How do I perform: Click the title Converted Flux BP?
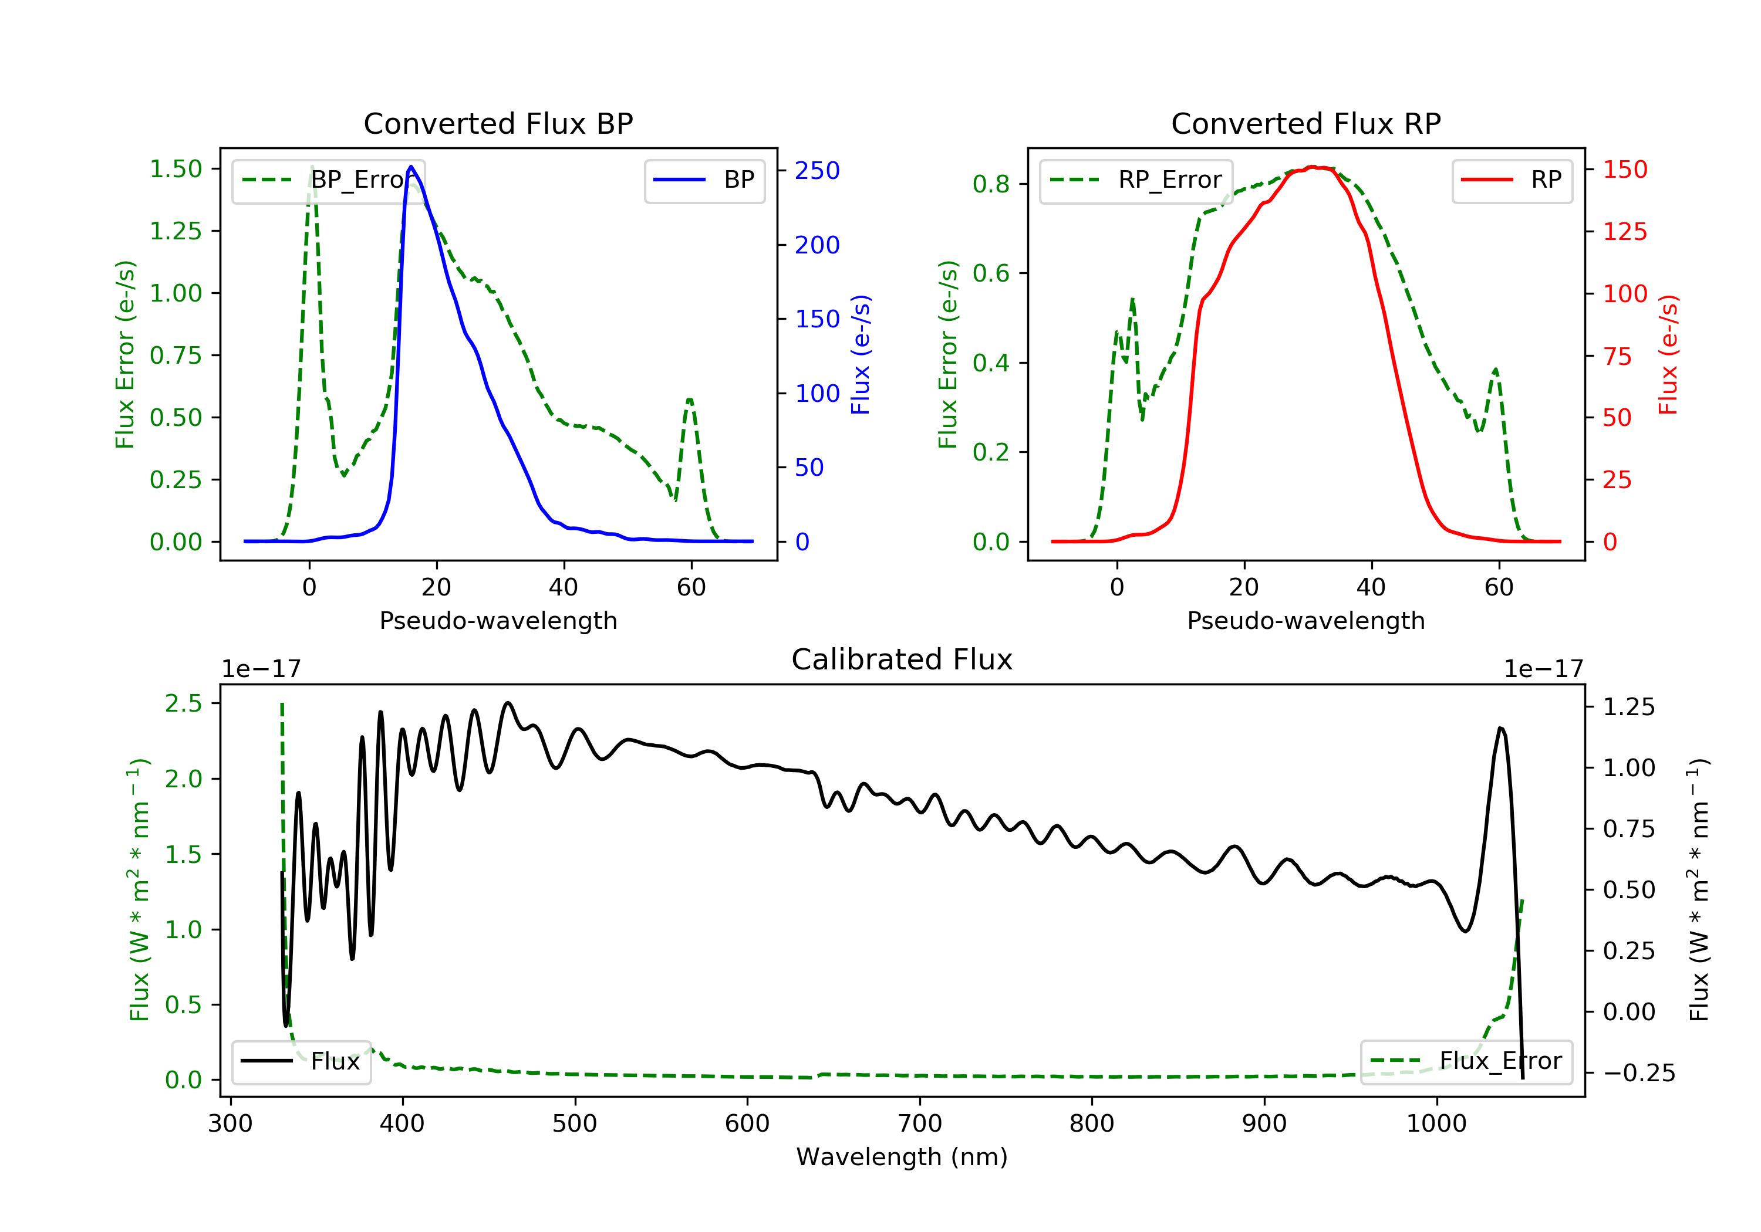coord(498,123)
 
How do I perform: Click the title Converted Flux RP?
coord(1305,123)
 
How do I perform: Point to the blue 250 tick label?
coord(817,170)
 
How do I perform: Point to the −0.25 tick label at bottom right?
coord(1638,1072)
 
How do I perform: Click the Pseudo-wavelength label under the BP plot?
coord(498,620)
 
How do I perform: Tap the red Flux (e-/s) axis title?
coord(1668,355)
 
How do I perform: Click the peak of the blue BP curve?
coord(411,167)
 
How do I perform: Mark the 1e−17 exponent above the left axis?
coord(261,669)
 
